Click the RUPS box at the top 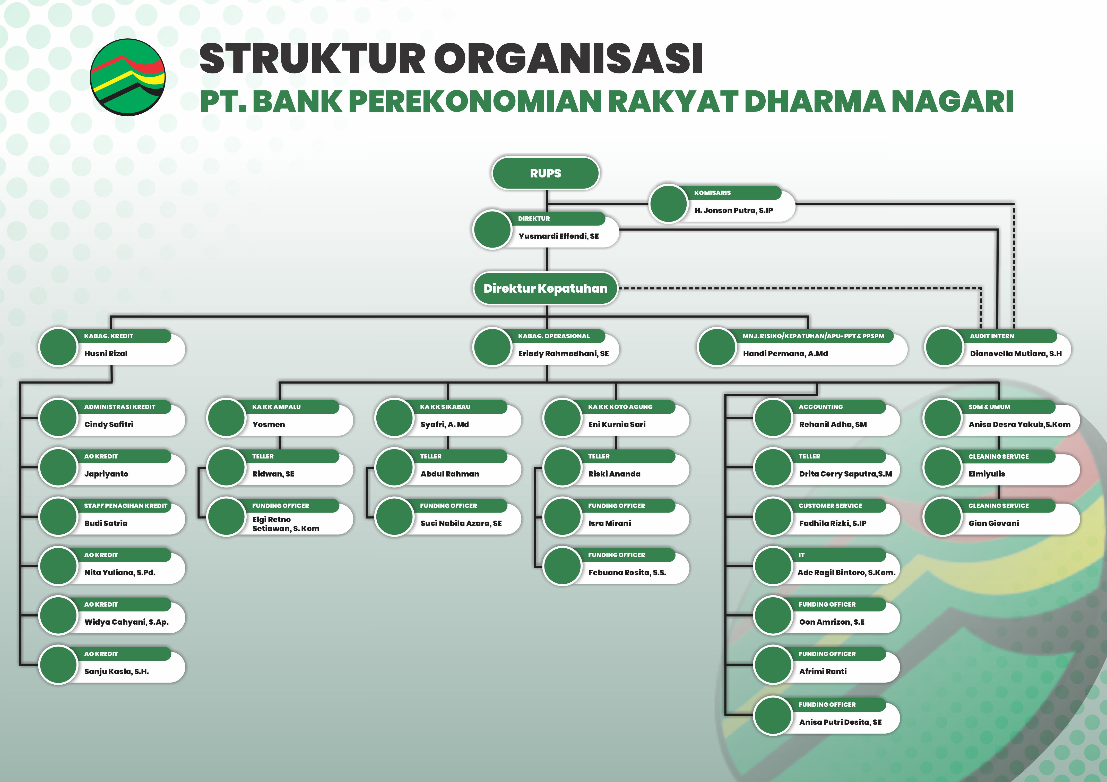(545, 173)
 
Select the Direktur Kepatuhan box (545, 288)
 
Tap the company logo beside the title (128, 77)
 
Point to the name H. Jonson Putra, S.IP (733, 210)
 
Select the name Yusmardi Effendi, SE (558, 236)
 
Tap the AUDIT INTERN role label (992, 336)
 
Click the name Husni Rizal (106, 354)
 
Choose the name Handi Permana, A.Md (785, 354)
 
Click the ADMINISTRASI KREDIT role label (119, 407)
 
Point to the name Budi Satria (106, 523)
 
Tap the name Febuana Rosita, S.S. (627, 573)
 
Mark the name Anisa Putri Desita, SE (840, 722)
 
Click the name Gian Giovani (993, 523)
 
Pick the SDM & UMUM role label (989, 407)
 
